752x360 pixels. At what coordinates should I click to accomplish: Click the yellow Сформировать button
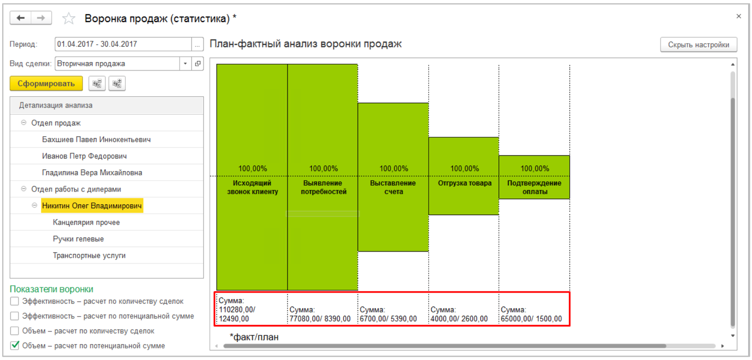pos(46,84)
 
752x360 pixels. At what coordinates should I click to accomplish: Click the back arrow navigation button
pos(21,18)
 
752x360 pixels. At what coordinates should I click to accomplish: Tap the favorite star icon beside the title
pos(68,19)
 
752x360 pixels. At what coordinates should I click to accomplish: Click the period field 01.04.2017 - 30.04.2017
pos(123,44)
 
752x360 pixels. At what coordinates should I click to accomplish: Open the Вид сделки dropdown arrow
pos(185,64)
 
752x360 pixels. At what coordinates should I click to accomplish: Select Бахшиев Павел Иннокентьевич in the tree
pos(96,139)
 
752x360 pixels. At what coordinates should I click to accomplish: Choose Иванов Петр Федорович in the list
pos(84,156)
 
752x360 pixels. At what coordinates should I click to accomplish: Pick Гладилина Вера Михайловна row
pos(92,173)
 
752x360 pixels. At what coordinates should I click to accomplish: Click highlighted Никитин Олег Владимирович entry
pos(92,206)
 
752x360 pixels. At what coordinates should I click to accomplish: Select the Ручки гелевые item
pos(78,239)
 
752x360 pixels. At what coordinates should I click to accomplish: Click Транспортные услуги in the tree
pos(89,256)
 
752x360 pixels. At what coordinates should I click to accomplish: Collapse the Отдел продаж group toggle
pos(24,123)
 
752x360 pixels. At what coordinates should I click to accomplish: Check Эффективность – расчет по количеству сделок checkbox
pos(15,302)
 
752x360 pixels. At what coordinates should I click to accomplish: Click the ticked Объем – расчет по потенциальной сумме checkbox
pos(15,346)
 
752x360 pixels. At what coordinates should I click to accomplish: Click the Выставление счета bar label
pos(393,187)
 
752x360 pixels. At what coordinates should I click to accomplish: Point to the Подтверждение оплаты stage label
pos(534,187)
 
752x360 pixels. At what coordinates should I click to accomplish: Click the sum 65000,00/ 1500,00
pos(531,319)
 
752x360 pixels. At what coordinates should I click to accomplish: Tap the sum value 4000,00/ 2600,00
pos(459,319)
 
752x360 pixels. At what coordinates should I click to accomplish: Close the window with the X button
pos(739,17)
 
